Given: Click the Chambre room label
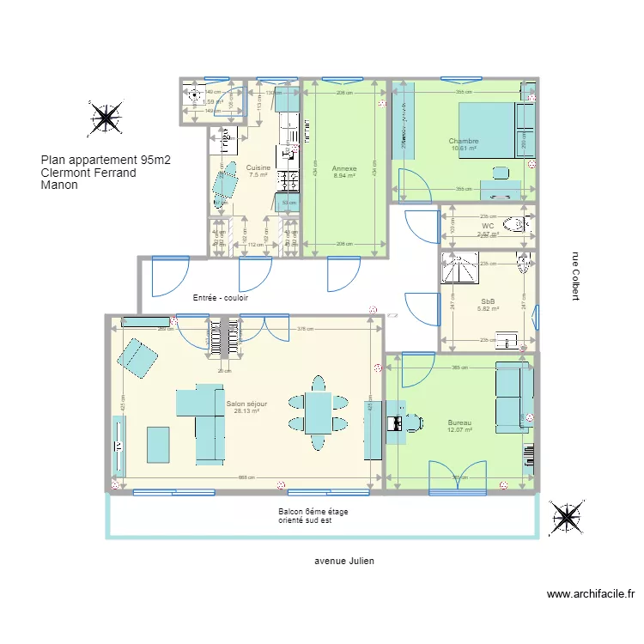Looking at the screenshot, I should click(x=464, y=142).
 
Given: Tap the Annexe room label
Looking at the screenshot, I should click(x=344, y=169).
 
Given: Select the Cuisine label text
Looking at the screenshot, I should click(x=258, y=167).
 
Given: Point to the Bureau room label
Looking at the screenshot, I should click(x=459, y=423).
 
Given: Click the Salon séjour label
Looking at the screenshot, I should click(x=246, y=404).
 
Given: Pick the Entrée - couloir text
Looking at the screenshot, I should click(x=221, y=297).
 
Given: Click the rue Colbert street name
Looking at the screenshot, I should click(x=574, y=276).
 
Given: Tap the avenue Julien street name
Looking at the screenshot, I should click(x=344, y=561).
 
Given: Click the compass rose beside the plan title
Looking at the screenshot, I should click(x=105, y=118).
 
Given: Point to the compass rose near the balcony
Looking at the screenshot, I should click(x=567, y=518).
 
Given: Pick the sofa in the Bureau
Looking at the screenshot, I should click(x=512, y=394).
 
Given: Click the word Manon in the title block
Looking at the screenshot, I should click(x=59, y=184).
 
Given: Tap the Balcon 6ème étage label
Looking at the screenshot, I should click(x=313, y=512).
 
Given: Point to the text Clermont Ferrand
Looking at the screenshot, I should click(x=88, y=172).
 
